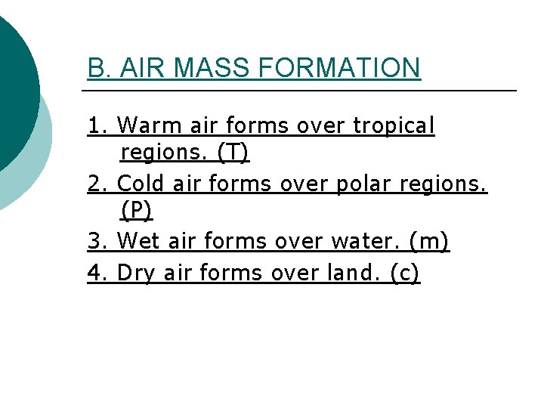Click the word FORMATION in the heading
pos(338,68)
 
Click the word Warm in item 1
pos(145,125)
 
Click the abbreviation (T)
pos(233,152)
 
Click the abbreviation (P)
pos(137,210)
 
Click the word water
pos(366,241)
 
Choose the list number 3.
pos(96,241)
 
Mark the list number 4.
pos(96,272)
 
